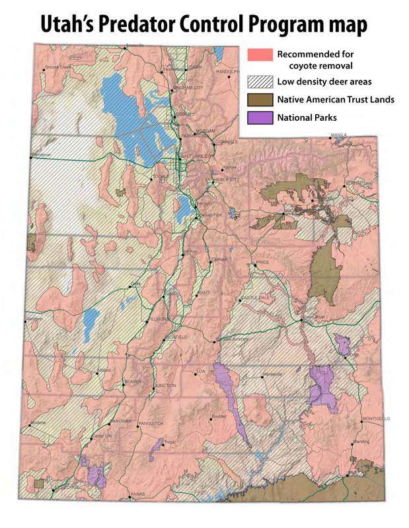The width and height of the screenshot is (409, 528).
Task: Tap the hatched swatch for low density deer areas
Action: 259,82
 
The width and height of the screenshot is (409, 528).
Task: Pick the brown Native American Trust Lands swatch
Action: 259,100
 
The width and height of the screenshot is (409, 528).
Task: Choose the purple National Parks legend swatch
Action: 259,117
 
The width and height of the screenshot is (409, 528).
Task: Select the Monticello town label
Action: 377,418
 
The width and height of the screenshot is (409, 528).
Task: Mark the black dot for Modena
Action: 30,422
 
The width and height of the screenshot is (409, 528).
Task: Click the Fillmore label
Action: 161,319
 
